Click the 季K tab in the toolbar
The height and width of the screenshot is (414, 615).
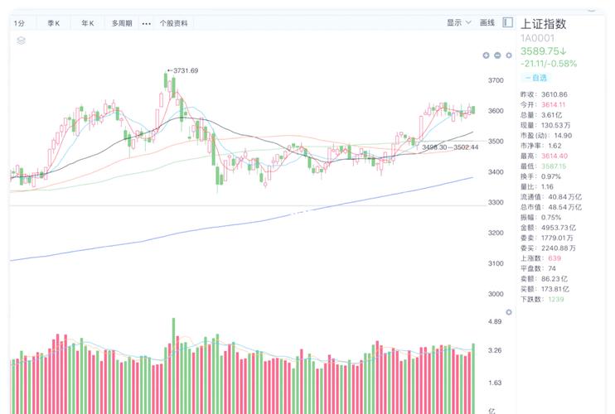pos(54,23)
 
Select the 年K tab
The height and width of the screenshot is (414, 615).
pos(87,23)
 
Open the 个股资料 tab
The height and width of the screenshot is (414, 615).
pos(174,23)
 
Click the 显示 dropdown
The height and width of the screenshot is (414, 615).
pos(458,23)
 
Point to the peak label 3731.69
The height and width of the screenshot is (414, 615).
pos(184,71)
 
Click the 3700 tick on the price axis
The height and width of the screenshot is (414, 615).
pos(496,80)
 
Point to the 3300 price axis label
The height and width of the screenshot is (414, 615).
pos(496,203)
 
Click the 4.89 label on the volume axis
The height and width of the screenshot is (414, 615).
pos(495,321)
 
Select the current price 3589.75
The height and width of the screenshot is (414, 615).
pos(542,51)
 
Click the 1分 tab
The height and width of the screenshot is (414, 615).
pos(20,23)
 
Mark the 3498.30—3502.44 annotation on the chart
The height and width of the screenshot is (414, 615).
pos(450,147)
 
